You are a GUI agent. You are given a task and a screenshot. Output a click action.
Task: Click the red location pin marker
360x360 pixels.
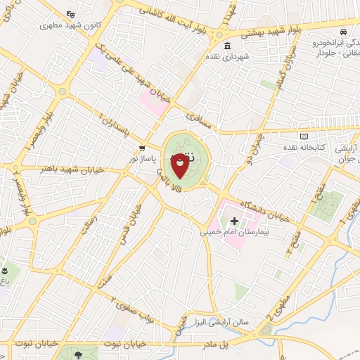(180, 164)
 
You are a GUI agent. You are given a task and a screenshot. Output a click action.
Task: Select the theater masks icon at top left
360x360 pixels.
(70, 14)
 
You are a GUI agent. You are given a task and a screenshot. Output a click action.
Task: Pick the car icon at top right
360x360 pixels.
(342, 32)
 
